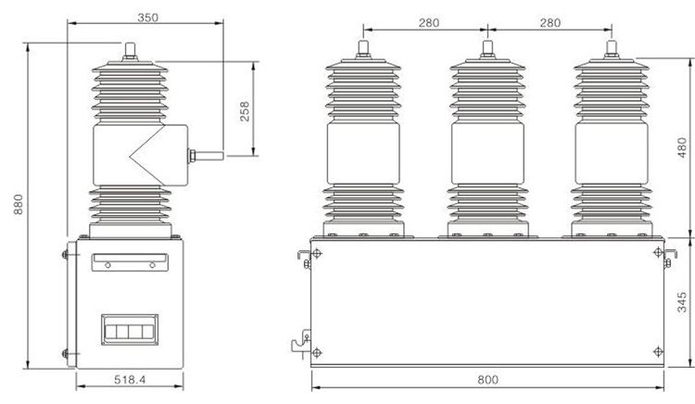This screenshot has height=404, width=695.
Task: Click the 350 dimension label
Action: pos(147,18)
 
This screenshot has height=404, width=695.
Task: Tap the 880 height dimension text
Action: pos(19,204)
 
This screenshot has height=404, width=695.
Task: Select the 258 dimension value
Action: pos(245,111)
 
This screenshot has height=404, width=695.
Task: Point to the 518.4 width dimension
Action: pos(130,380)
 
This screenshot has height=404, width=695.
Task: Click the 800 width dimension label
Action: pos(487,380)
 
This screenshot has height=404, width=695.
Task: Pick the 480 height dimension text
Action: pos(682,147)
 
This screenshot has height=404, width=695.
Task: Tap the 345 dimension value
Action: pos(682,302)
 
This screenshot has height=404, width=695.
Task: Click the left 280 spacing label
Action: pos(429,22)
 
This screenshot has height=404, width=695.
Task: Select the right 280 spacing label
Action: pos(550,22)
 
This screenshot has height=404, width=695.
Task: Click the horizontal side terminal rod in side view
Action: pos(209,156)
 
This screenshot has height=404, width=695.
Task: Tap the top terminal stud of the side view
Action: pos(130,51)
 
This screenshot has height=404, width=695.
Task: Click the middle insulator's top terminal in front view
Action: pos(487,49)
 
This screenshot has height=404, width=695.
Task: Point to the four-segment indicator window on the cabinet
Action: pos(130,330)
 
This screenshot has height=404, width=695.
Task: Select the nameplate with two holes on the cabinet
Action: pos(130,262)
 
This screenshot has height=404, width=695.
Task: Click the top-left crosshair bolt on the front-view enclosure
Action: pos(317,253)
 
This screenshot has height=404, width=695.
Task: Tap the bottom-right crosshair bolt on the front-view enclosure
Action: pos(658,352)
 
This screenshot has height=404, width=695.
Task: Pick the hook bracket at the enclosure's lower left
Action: pos(301,341)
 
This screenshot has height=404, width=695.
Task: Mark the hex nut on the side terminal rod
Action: pos(192,156)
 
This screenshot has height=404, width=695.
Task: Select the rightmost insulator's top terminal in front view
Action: pos(612,49)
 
